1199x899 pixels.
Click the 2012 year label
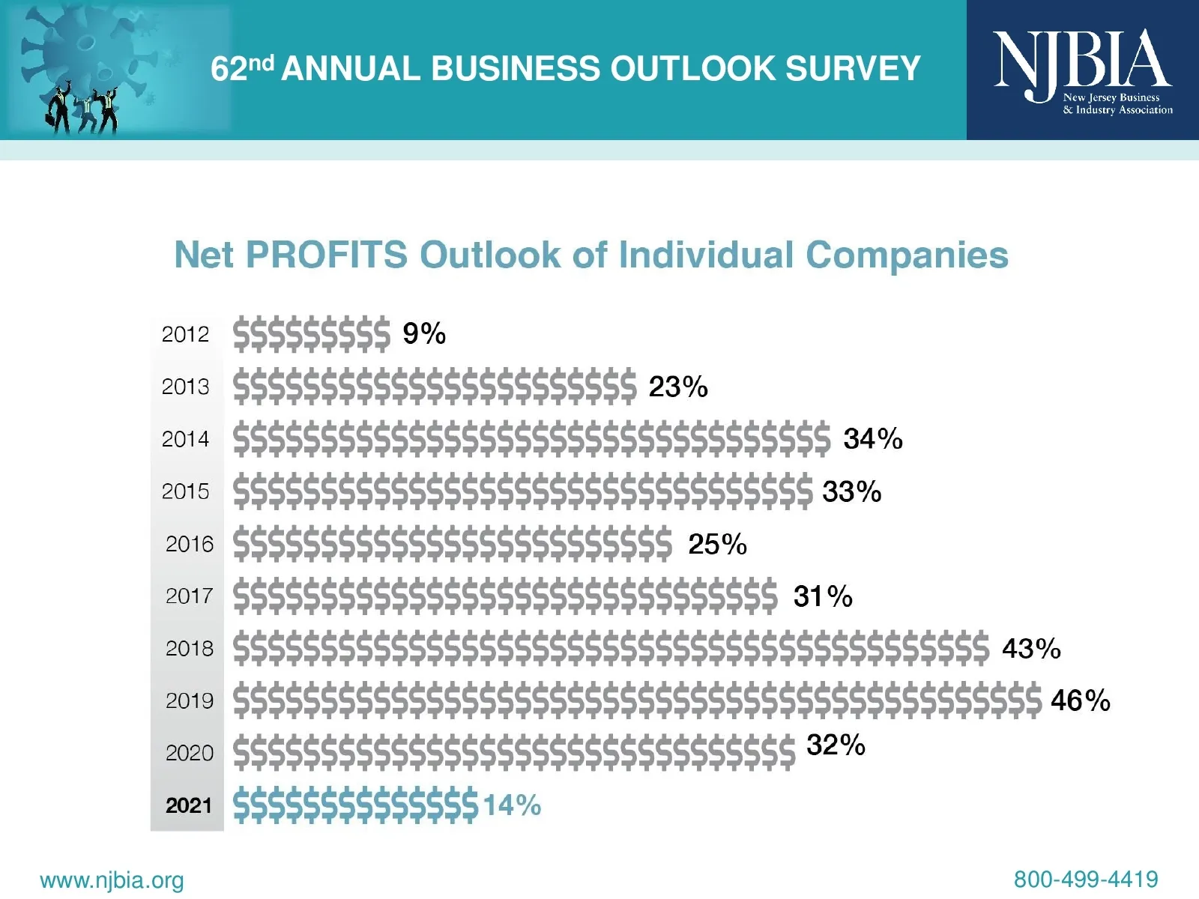(185, 334)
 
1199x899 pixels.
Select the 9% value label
(424, 333)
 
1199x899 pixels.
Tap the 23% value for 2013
(677, 387)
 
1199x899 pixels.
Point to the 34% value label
(873, 439)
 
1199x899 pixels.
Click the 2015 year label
(185, 491)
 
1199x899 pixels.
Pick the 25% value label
(717, 545)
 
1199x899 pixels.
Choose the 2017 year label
(189, 596)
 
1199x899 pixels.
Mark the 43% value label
(1031, 649)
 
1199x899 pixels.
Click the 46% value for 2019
(1080, 700)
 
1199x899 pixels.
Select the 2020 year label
(189, 753)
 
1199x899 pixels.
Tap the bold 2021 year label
(189, 805)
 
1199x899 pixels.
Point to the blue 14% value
(512, 806)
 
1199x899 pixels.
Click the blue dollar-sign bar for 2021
(355, 806)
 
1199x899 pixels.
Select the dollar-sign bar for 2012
(312, 334)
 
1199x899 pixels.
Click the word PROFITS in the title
(327, 255)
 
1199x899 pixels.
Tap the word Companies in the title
(907, 255)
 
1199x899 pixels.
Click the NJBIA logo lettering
(1082, 60)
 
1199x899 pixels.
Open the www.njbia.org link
(112, 880)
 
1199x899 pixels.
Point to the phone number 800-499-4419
(1086, 879)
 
